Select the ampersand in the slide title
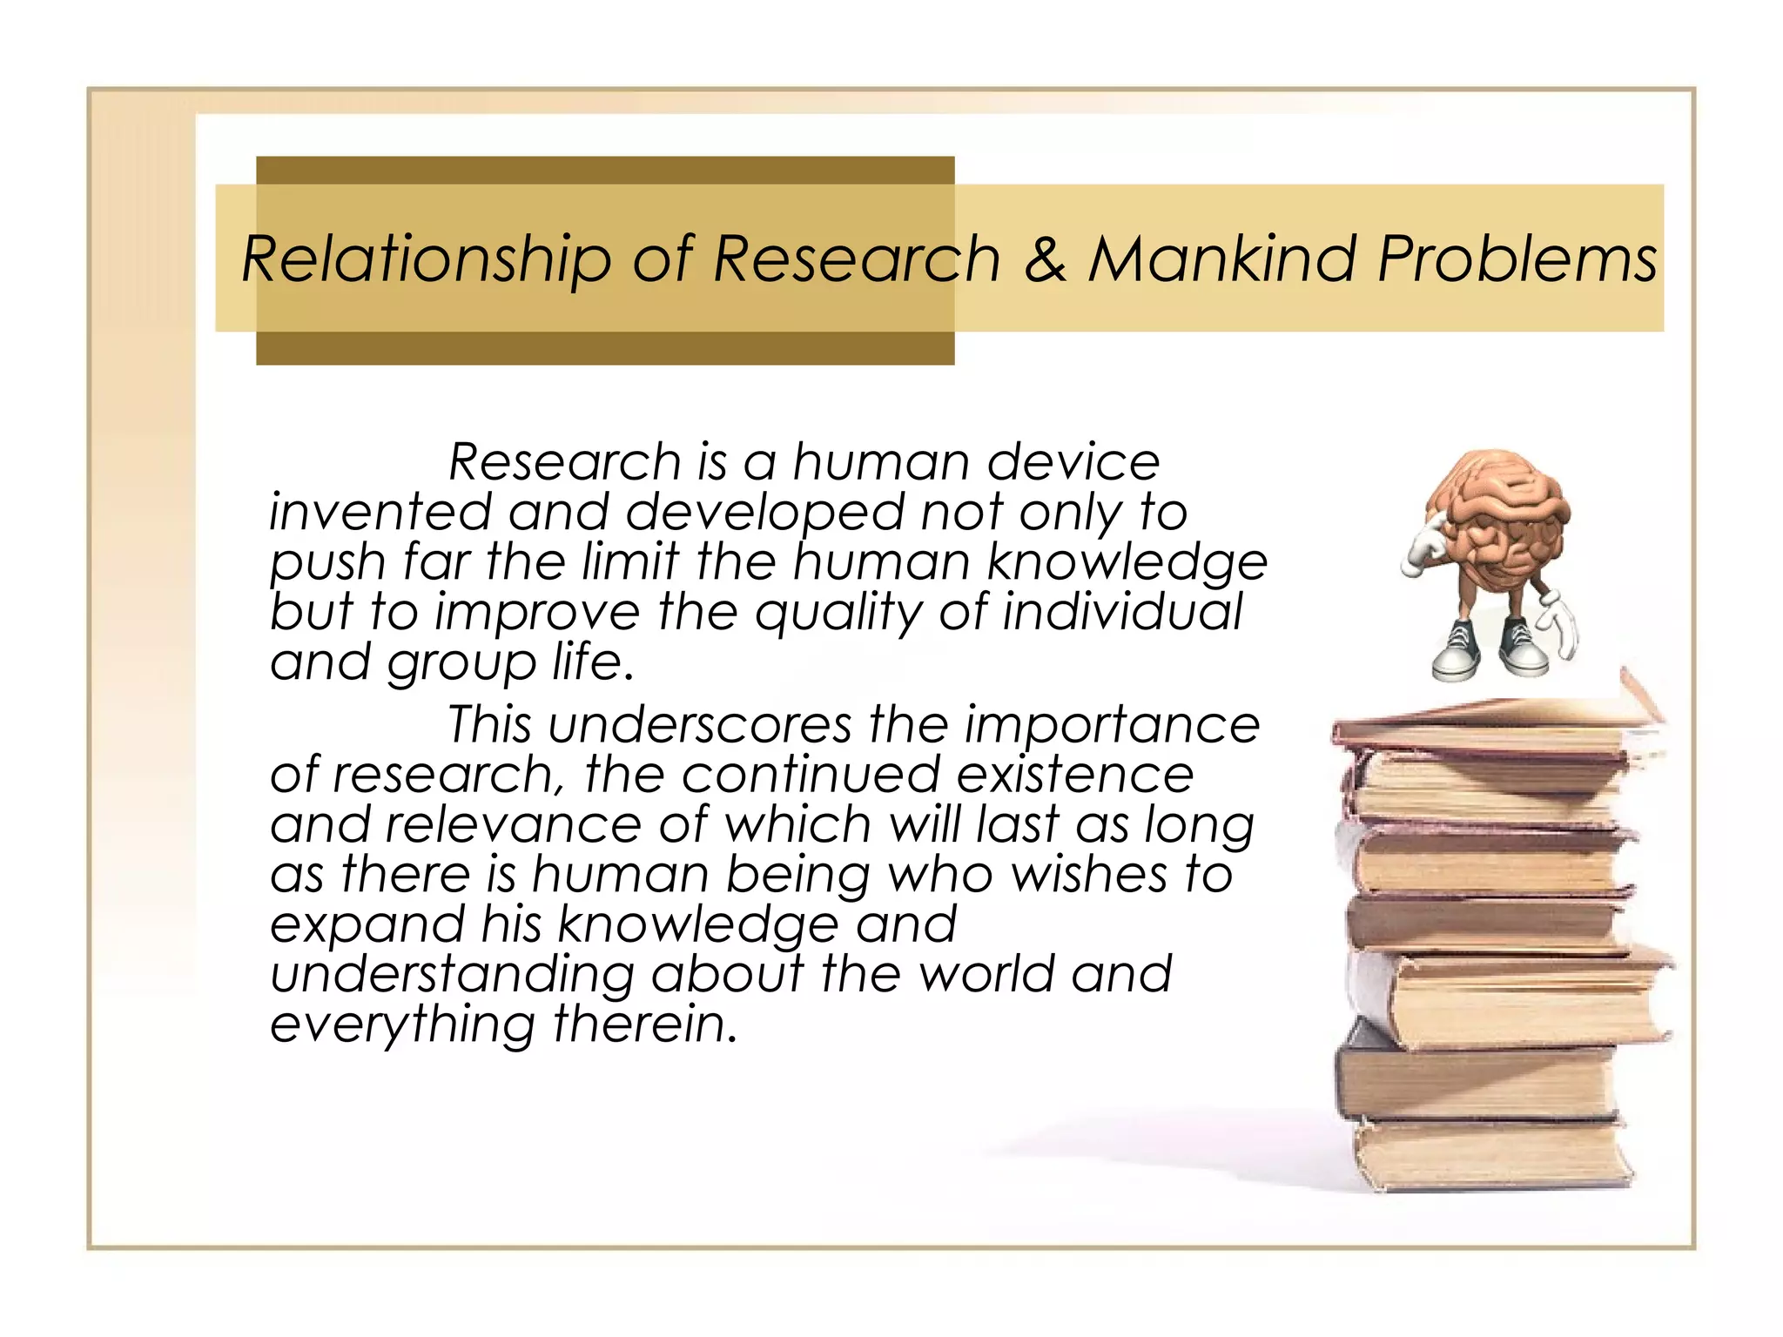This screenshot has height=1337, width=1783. pos(1044,259)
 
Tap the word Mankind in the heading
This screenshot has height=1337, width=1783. pos(1222,259)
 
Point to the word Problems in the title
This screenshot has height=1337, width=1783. pos(1517,259)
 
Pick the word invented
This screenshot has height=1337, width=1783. pos(380,512)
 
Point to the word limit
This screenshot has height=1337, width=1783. pos(629,561)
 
